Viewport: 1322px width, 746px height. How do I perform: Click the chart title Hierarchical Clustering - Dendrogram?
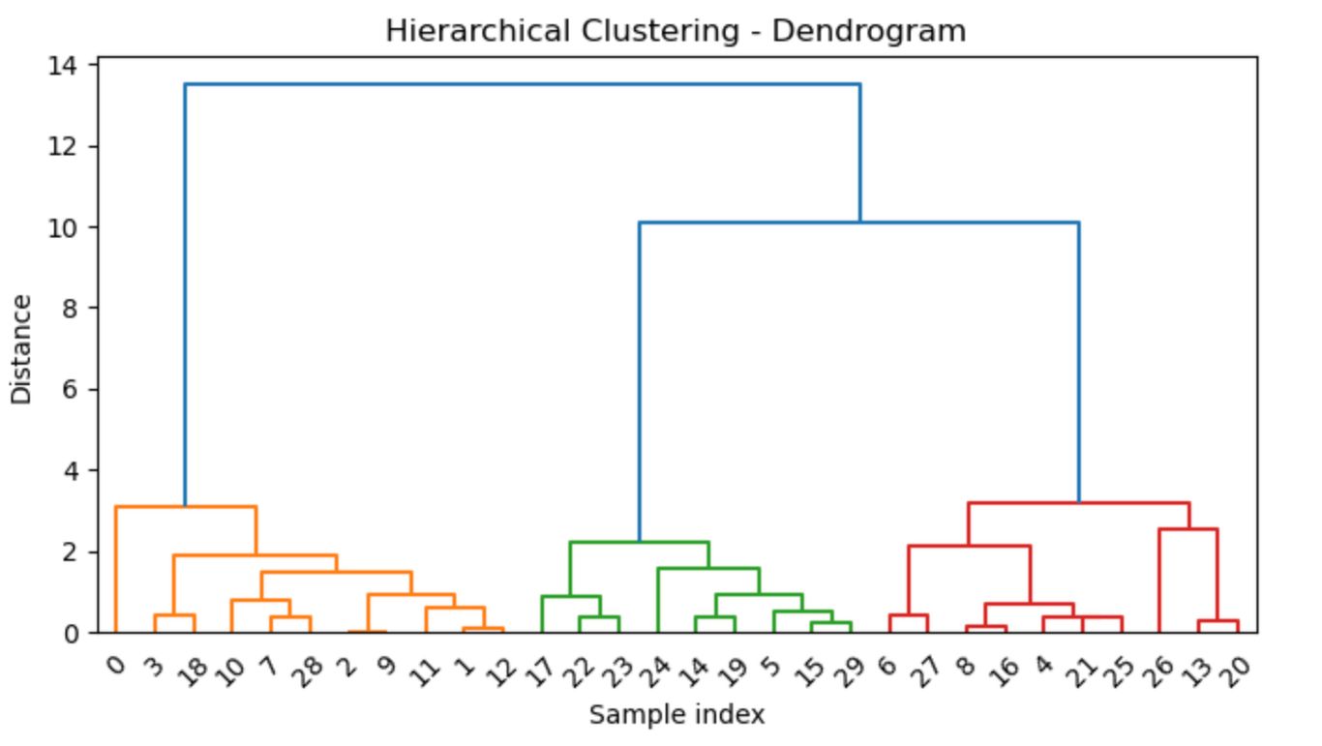click(x=675, y=31)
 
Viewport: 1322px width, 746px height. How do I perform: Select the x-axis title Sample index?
click(x=676, y=715)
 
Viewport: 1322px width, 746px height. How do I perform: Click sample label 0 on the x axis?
click(x=116, y=664)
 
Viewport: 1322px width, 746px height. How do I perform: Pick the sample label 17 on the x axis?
click(x=537, y=669)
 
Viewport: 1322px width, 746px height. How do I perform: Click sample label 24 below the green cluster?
click(x=653, y=669)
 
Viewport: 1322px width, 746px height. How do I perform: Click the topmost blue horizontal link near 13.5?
click(x=523, y=85)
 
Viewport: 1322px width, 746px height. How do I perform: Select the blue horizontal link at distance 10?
click(x=858, y=224)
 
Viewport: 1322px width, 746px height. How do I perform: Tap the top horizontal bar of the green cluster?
click(x=639, y=542)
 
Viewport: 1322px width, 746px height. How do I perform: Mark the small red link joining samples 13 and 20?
click(x=1217, y=621)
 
